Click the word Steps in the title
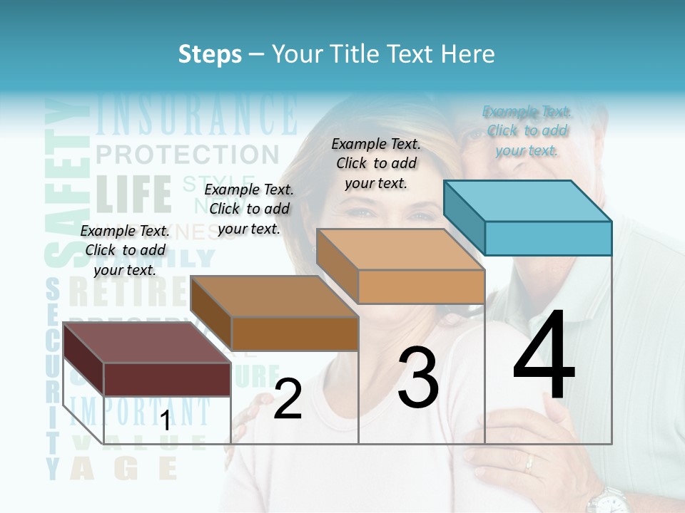(x=210, y=54)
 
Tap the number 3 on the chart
(x=417, y=378)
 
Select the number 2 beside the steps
(x=288, y=399)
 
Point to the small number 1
(x=165, y=421)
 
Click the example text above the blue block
(x=527, y=130)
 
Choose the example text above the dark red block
(x=125, y=250)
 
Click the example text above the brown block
(x=249, y=209)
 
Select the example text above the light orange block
(x=376, y=163)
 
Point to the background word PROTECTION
(x=187, y=154)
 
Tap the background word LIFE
(x=133, y=193)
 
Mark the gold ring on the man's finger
(x=529, y=464)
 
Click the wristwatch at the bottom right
(x=609, y=501)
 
